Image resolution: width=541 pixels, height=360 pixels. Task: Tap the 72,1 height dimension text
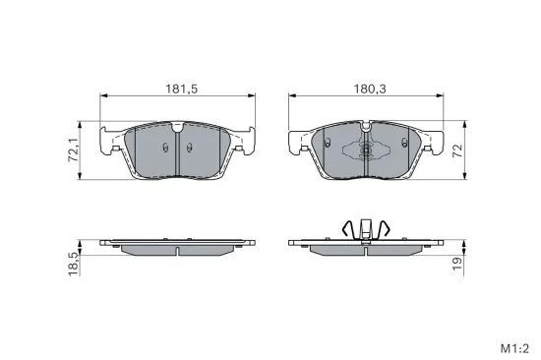pos(72,150)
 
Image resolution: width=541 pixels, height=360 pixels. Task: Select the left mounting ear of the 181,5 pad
pos(111,141)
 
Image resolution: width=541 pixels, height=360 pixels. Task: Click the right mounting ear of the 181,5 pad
pos(244,141)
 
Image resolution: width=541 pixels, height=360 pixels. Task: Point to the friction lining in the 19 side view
pos(363,249)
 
